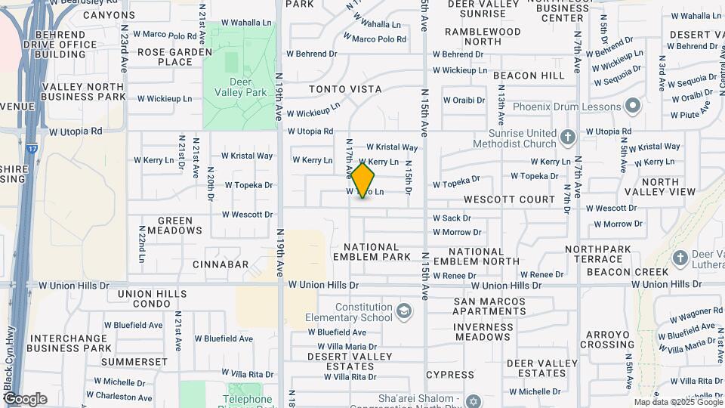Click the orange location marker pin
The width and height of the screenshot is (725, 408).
tap(363, 181)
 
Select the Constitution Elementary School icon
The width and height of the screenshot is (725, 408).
tap(405, 311)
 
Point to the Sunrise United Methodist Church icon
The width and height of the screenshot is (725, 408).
tap(568, 137)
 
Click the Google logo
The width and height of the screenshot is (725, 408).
tap(25, 399)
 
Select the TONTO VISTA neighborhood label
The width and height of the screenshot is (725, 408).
tap(345, 89)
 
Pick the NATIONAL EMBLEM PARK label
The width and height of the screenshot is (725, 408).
tap(372, 252)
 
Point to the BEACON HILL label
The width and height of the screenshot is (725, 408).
tap(529, 76)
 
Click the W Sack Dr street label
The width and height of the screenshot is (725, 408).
tap(452, 218)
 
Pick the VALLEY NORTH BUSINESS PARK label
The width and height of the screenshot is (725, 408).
tap(83, 92)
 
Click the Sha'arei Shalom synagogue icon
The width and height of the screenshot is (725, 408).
tap(473, 400)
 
